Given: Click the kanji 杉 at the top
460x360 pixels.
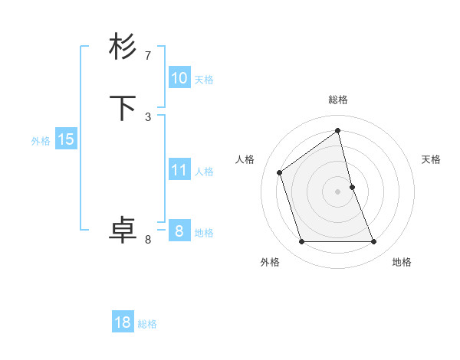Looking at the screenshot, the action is coord(123,47).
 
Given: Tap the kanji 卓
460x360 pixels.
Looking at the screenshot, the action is coord(123,231).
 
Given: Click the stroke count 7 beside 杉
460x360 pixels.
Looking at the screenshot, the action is coord(148,56).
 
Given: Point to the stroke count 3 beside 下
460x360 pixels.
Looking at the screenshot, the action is coord(148,116).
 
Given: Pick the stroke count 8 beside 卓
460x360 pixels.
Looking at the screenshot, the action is coord(148,240).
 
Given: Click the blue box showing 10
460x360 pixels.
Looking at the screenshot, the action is coord(179,78).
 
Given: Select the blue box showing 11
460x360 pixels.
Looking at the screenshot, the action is coord(179,170).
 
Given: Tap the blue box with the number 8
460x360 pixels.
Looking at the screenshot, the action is coord(179,231).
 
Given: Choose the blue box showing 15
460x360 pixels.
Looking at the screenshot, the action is coord(66,139).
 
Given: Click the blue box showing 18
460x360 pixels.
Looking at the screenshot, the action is coord(123,322).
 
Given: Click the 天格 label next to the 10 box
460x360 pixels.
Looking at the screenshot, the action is coord(204,80).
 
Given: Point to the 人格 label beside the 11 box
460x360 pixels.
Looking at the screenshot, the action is coord(204,172).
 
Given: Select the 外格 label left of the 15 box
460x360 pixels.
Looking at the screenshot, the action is coord(41,141).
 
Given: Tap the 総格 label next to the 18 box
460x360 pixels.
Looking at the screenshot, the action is coord(147,324).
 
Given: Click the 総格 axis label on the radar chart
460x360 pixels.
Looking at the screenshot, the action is coord(338,100).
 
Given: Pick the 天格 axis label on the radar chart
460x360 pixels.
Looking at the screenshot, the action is coord(431,159).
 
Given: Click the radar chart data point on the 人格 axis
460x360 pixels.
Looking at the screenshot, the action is coord(280,172).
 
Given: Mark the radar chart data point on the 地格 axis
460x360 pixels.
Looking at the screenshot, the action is coord(374,242).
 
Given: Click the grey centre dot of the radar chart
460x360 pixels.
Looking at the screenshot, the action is coord(338,191).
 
